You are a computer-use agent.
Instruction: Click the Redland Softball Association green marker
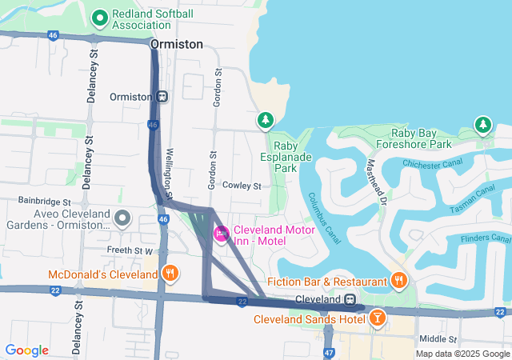[100, 17]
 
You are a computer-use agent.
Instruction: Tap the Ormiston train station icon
[162, 97]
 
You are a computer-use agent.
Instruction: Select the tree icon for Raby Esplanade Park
[265, 121]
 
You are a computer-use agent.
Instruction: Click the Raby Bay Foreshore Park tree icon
[482, 124]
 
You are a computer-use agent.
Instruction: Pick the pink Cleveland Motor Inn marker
[222, 234]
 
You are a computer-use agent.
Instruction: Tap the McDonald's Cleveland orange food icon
[170, 274]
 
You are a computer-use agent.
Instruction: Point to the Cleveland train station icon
[350, 299]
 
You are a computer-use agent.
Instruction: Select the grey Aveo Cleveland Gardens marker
[122, 218]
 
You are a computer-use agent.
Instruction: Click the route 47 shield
[329, 352]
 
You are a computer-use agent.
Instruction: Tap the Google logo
[26, 350]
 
